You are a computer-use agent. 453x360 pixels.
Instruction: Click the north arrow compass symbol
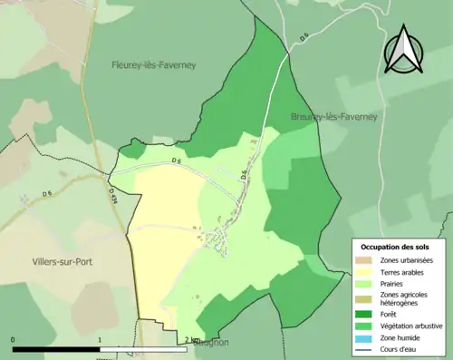pos(403,50)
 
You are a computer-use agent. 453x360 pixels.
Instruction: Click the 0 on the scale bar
pos(13,340)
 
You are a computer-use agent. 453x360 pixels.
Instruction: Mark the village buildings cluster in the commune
pos(217,238)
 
